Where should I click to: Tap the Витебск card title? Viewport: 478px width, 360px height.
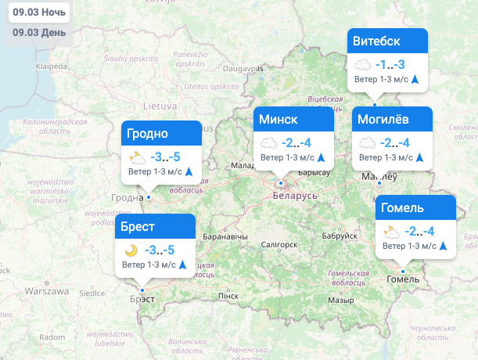pos(377,41)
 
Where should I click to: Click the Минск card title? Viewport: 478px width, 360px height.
pos(278,120)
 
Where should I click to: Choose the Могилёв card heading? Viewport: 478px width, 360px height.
pos(383,120)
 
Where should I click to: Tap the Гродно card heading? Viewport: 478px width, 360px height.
pos(146,133)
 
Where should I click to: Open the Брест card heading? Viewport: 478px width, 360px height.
pos(138,227)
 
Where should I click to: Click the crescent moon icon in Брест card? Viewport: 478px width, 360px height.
pos(131,250)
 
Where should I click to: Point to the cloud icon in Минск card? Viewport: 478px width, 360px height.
pos(269,143)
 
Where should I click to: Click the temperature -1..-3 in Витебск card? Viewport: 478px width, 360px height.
pos(390,65)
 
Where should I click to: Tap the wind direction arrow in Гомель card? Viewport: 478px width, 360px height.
pos(444,246)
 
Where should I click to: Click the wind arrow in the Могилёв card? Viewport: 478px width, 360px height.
pos(419,157)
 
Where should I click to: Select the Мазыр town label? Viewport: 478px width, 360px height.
pos(340,300)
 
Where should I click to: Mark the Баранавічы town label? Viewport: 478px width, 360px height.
pos(225,236)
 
